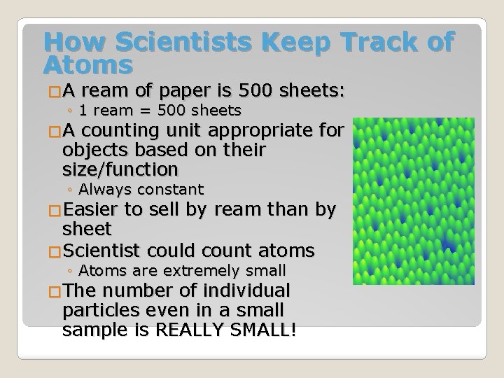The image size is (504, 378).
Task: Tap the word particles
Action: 97,310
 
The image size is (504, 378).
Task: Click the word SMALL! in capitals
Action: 267,329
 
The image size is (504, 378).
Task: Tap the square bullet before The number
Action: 53,291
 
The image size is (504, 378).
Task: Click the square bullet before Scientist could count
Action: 53,251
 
